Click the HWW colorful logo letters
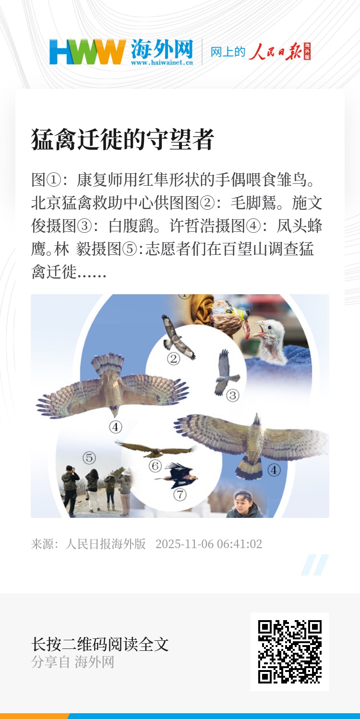point(87,52)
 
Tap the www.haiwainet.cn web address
point(162,62)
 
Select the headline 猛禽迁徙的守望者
point(122,139)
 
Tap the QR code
point(289,652)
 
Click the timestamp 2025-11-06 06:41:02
point(209,544)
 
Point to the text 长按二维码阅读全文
point(100,644)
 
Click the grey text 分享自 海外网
point(72,661)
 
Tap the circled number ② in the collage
point(173,359)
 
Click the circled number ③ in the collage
point(233,395)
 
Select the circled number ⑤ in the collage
point(89,457)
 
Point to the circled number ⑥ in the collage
point(155,466)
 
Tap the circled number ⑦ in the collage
point(180,495)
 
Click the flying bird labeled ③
point(226,372)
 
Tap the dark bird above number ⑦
point(178,475)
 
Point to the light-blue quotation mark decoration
point(315,564)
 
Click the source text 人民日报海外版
point(106,544)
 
